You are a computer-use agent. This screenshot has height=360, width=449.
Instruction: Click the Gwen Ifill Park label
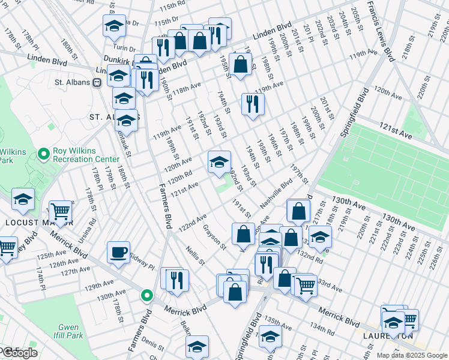67,332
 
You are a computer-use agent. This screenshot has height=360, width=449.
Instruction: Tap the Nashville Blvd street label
276,194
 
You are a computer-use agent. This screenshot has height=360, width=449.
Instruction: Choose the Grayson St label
214,236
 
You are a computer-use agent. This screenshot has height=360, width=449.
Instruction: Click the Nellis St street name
195,256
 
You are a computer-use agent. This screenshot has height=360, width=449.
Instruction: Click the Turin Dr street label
126,47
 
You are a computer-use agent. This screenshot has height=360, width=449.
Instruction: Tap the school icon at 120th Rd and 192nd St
219,161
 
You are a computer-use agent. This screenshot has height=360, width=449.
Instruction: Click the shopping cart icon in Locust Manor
60,211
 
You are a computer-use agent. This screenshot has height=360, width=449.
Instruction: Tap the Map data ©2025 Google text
412,355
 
